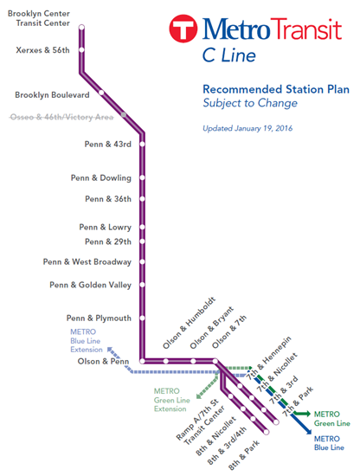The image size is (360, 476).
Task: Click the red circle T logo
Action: (183, 29)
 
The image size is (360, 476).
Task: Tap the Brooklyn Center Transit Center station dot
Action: (81, 28)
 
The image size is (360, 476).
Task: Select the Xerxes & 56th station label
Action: (42, 50)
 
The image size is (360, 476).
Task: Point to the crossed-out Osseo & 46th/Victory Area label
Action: (61, 117)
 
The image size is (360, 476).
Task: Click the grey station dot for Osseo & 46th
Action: (124, 115)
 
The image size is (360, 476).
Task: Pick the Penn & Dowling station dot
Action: (142, 177)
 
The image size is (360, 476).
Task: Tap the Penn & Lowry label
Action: (106, 227)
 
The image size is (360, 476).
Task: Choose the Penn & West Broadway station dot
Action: (142, 261)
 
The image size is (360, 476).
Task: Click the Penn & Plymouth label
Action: (99, 318)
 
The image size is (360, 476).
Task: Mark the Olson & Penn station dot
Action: (142, 361)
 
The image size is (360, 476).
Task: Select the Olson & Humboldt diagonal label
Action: (189, 323)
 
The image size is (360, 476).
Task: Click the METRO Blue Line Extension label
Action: (87, 341)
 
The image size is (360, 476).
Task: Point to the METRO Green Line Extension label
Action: (172, 400)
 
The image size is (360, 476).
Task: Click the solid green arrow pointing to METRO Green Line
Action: (302, 414)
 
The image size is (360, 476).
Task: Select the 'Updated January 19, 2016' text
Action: (247, 128)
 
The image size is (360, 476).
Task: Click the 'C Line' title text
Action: (228, 55)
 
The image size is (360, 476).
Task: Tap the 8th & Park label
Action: (244, 454)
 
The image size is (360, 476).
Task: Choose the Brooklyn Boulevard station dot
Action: (101, 93)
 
